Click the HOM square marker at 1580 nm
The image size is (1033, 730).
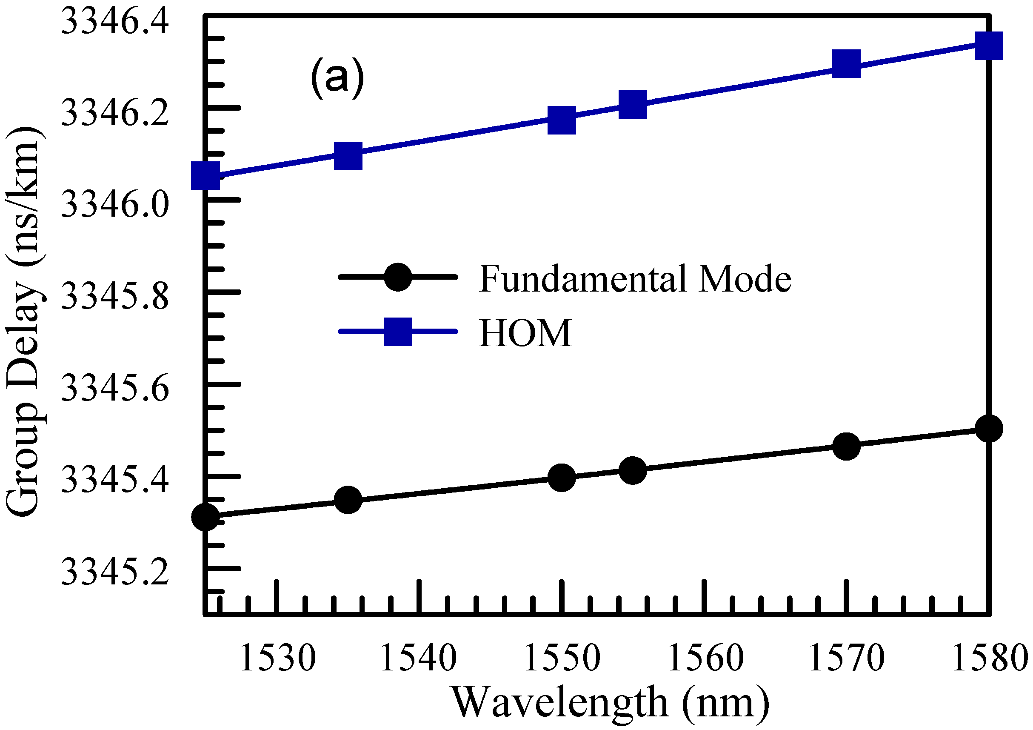(988, 46)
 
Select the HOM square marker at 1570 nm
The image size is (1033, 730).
(846, 63)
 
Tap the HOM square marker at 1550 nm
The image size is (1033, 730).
(562, 120)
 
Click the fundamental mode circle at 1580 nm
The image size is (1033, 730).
(988, 429)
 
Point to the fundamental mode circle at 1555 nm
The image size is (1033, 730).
(633, 470)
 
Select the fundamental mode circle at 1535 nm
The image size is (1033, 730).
(348, 499)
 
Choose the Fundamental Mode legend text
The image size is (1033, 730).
(634, 279)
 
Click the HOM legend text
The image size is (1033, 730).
(525, 333)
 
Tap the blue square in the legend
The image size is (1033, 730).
(398, 332)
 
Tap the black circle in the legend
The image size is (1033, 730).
(398, 277)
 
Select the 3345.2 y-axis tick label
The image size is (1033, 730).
(115, 572)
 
